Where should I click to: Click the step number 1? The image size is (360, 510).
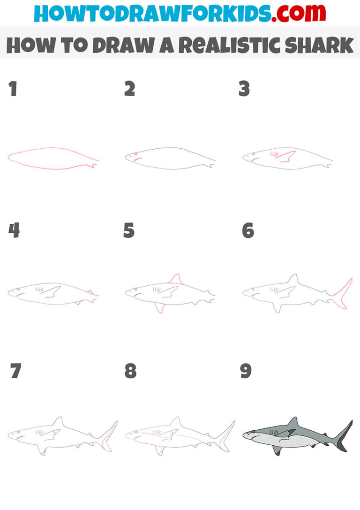coord(13,89)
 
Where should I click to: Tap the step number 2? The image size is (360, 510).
coord(130,89)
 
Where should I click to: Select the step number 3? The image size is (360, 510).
coord(244,89)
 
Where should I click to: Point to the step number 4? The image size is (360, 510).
coord(14,230)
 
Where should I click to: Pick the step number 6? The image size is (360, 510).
coord(248,230)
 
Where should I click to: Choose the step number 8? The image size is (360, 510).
coord(130,371)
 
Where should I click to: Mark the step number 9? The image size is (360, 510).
coord(246,371)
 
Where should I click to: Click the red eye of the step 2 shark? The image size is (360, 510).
coord(135,154)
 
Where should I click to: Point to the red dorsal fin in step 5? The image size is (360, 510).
coord(176,280)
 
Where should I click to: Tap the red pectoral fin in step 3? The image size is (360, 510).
coord(287,157)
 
